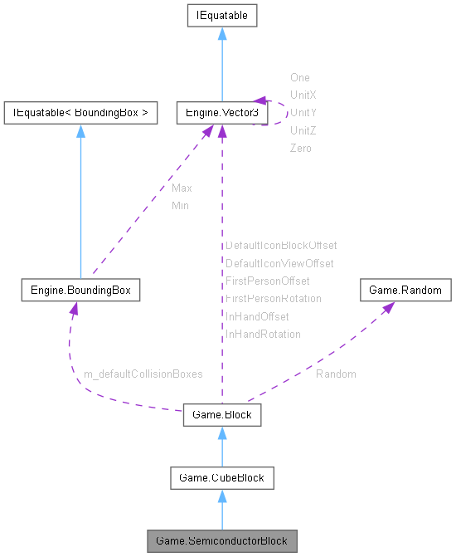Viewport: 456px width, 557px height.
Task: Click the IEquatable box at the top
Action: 221,15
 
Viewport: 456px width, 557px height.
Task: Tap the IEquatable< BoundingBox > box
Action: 80,112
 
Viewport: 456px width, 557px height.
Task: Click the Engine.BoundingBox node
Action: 80,291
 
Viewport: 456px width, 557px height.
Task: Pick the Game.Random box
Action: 405,291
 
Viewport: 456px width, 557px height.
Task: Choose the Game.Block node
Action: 221,415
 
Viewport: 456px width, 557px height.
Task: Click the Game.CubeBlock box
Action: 221,477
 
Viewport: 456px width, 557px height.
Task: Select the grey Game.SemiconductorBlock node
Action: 221,541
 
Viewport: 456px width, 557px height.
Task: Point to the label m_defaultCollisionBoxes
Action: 143,374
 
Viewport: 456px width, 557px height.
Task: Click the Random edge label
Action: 336,374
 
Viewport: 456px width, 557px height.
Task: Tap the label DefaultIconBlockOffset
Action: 281,246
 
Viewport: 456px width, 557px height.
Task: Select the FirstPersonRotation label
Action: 273,298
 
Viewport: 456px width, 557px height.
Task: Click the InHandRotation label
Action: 263,334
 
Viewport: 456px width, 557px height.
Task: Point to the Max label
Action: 182,188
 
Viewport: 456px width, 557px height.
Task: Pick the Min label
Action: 180,205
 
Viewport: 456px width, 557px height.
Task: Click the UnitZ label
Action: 303,130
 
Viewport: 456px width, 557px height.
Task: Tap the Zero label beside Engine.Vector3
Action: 300,148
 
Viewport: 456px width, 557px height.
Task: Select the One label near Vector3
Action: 299,77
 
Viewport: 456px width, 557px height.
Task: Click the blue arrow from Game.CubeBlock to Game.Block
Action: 221,447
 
